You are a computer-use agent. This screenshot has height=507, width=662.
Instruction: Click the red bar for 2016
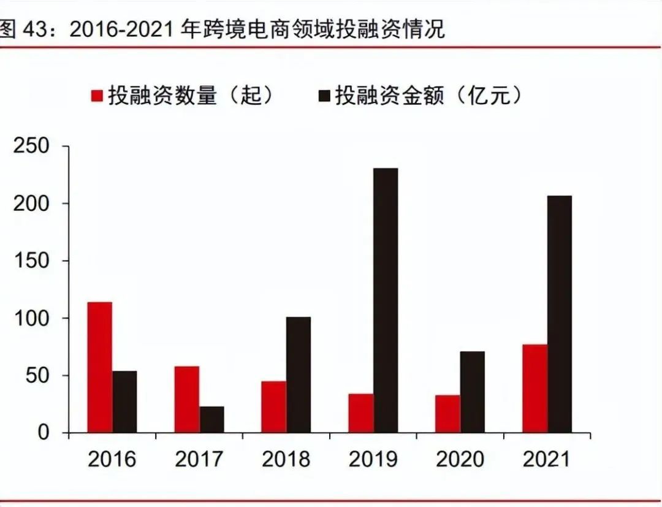click(99, 367)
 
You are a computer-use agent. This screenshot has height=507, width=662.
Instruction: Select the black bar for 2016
click(124, 402)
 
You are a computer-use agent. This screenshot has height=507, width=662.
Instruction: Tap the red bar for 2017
click(187, 399)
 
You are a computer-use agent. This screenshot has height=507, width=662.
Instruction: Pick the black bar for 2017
click(212, 419)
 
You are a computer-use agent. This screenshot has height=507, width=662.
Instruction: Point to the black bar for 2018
click(299, 375)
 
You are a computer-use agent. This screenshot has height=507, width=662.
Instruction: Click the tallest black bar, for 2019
click(386, 300)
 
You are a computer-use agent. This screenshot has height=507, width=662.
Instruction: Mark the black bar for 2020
click(473, 392)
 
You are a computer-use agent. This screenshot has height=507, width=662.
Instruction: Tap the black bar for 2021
click(560, 314)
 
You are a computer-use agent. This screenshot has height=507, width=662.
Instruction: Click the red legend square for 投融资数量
click(97, 96)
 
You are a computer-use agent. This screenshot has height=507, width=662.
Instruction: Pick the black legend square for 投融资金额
click(324, 96)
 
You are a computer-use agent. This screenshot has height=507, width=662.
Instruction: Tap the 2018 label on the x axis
click(286, 459)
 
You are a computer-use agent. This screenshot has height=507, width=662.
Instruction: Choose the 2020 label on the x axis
click(460, 459)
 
